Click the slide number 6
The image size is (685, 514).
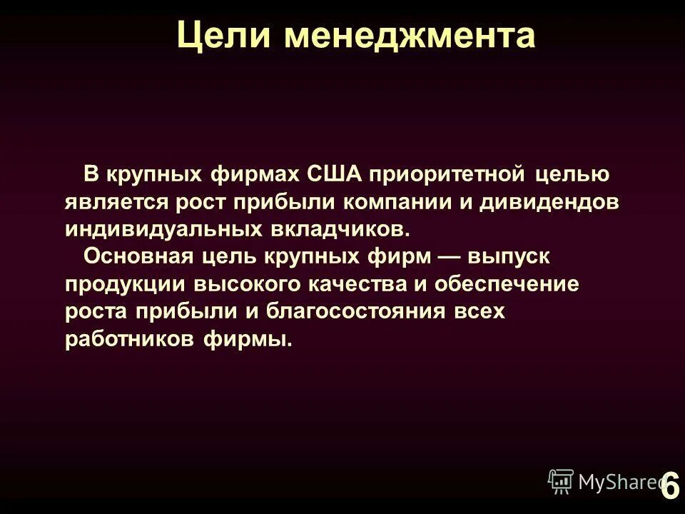coord(670,488)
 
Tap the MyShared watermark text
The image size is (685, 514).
coord(617,482)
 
